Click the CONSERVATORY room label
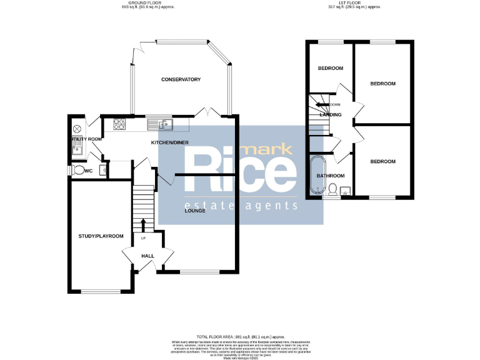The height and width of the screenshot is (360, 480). point(181,79)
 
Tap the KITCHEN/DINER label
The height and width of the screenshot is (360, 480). point(169,142)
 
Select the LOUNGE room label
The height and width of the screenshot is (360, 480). point(195,211)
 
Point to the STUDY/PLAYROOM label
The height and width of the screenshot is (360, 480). point(101,236)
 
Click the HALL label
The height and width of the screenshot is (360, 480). point(147,256)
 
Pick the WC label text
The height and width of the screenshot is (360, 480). point(89,169)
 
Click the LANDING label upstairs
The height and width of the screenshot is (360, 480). point(330,115)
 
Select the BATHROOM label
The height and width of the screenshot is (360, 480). point(331,176)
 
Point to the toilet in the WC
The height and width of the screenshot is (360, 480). point(77,170)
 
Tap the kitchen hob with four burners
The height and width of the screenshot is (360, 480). point(119,124)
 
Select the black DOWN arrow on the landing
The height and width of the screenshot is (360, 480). point(322,104)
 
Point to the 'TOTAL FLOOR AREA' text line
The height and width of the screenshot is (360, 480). point(240,337)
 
